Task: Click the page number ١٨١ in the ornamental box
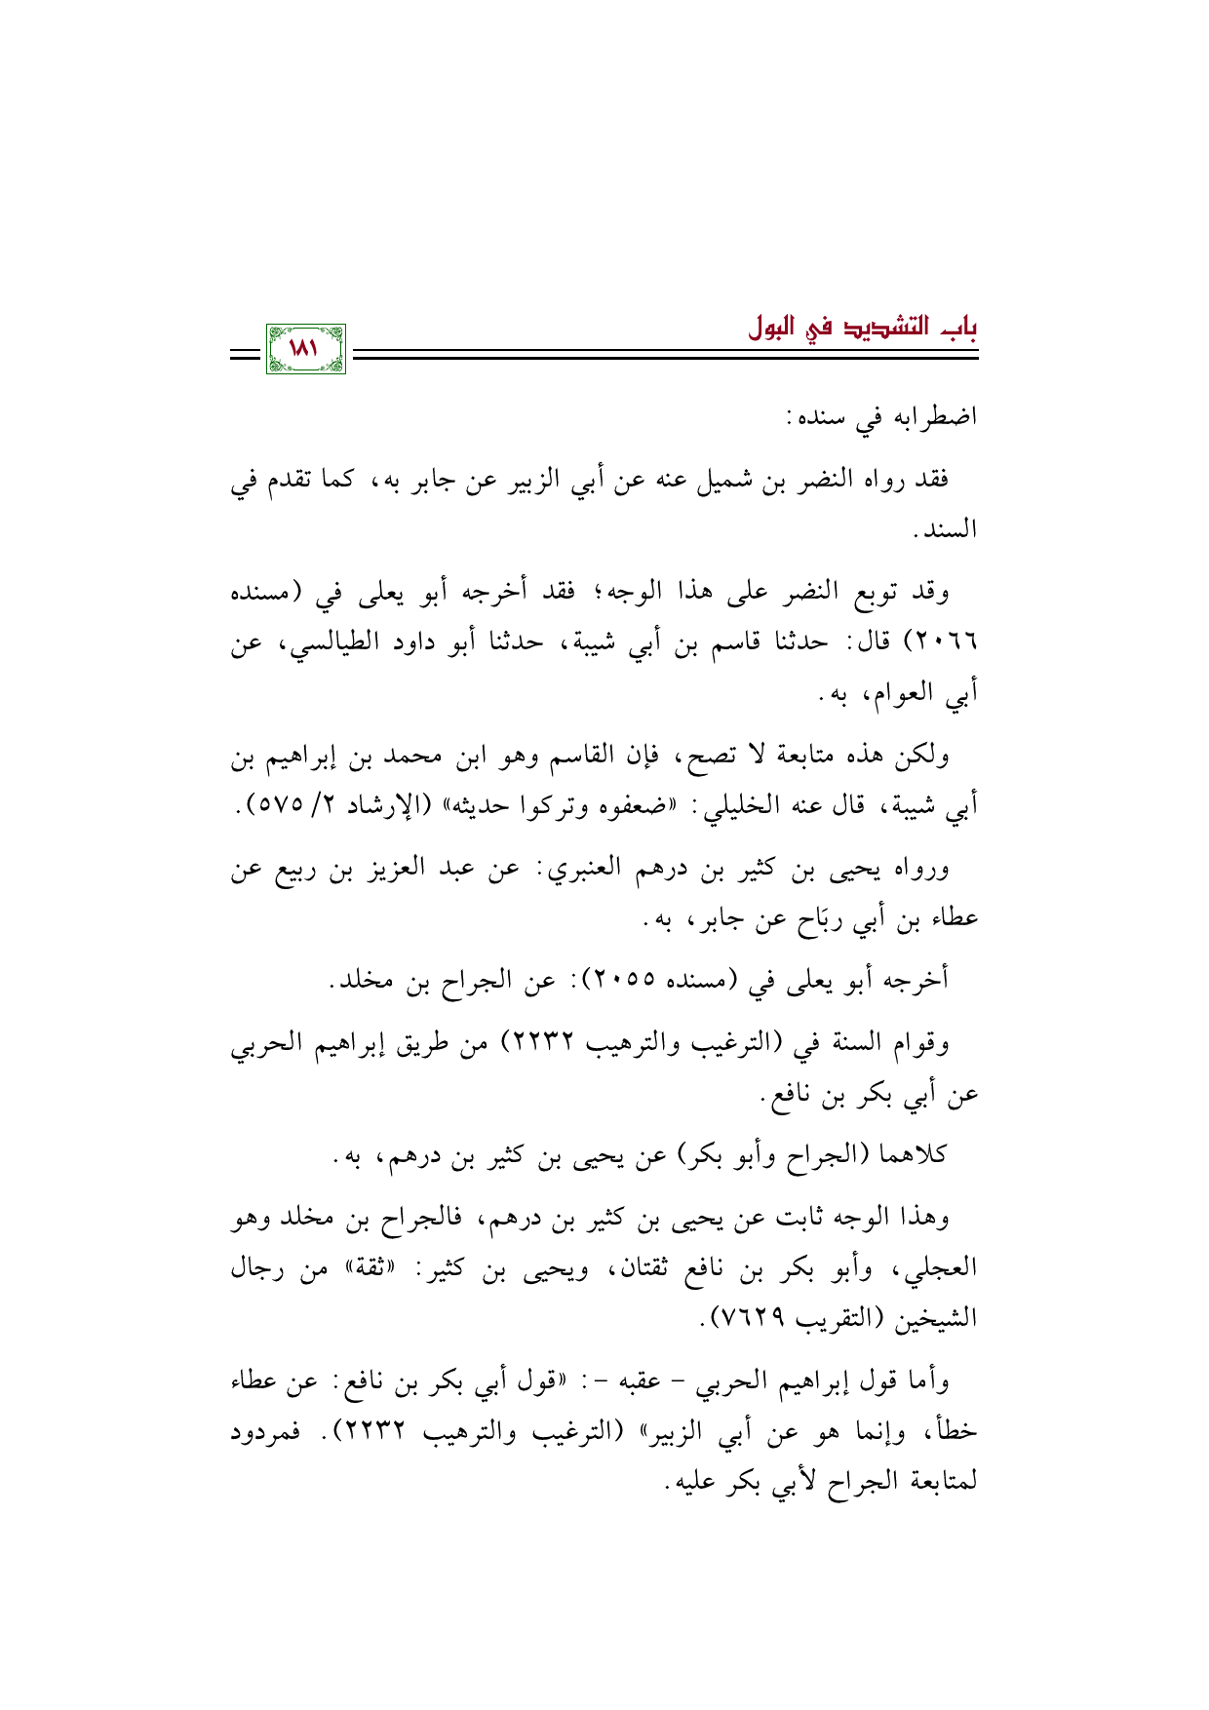(x=305, y=349)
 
